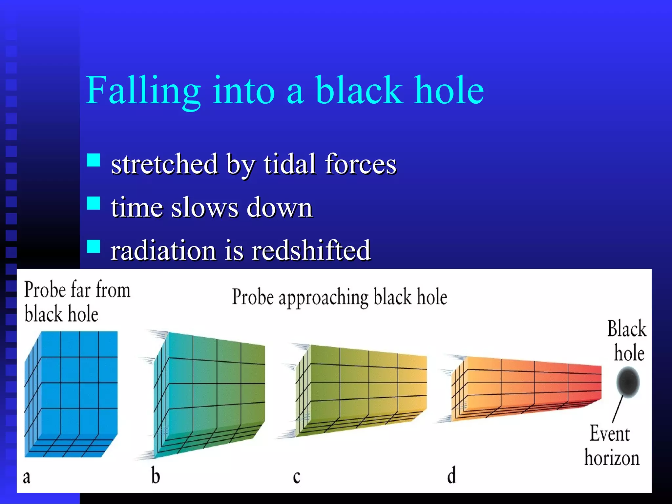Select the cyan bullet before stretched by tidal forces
(x=94, y=160)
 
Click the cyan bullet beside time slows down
(x=94, y=203)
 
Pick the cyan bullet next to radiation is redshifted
(x=94, y=246)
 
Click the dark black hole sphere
(x=628, y=382)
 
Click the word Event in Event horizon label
(x=610, y=434)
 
